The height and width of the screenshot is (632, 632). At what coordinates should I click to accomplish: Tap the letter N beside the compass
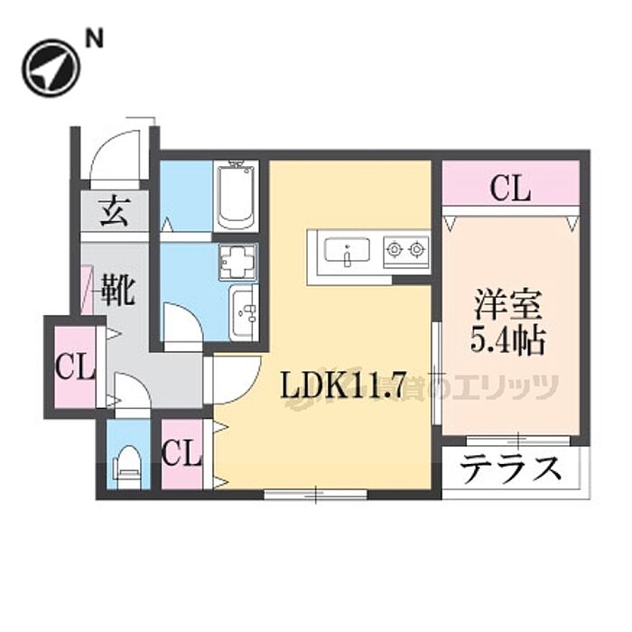pos(94,39)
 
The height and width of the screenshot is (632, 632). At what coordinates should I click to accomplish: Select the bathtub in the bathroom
pos(237,195)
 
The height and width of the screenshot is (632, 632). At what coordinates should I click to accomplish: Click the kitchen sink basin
pos(346,250)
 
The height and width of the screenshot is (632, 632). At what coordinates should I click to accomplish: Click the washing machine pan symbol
pos(237,262)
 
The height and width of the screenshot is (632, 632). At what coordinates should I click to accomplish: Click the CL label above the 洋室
pos(510,190)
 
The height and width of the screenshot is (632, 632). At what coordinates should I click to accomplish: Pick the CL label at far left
pos(74,367)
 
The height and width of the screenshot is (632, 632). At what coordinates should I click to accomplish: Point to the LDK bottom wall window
pos(315,494)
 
